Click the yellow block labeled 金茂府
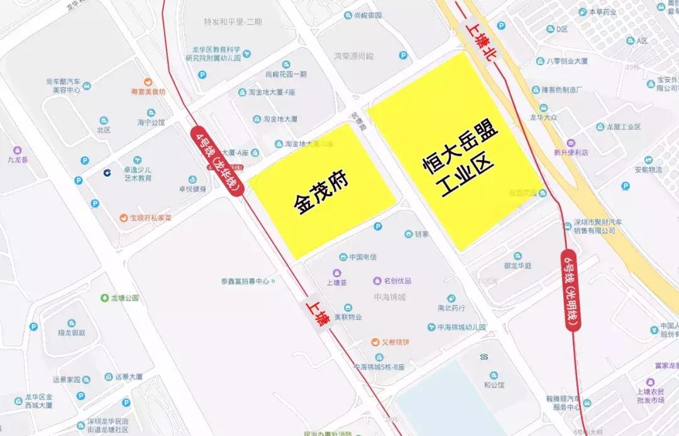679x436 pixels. pyautogui.click(x=322, y=192)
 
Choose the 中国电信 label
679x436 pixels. pyautogui.click(x=362, y=257)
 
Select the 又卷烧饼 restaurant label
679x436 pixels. pyautogui.click(x=395, y=342)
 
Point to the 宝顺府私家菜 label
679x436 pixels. pyautogui.click(x=150, y=218)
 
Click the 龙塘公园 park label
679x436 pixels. pyautogui.click(x=123, y=298)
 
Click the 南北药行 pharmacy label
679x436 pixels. pyautogui.click(x=451, y=308)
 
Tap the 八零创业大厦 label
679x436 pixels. pyautogui.click(x=566, y=61)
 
